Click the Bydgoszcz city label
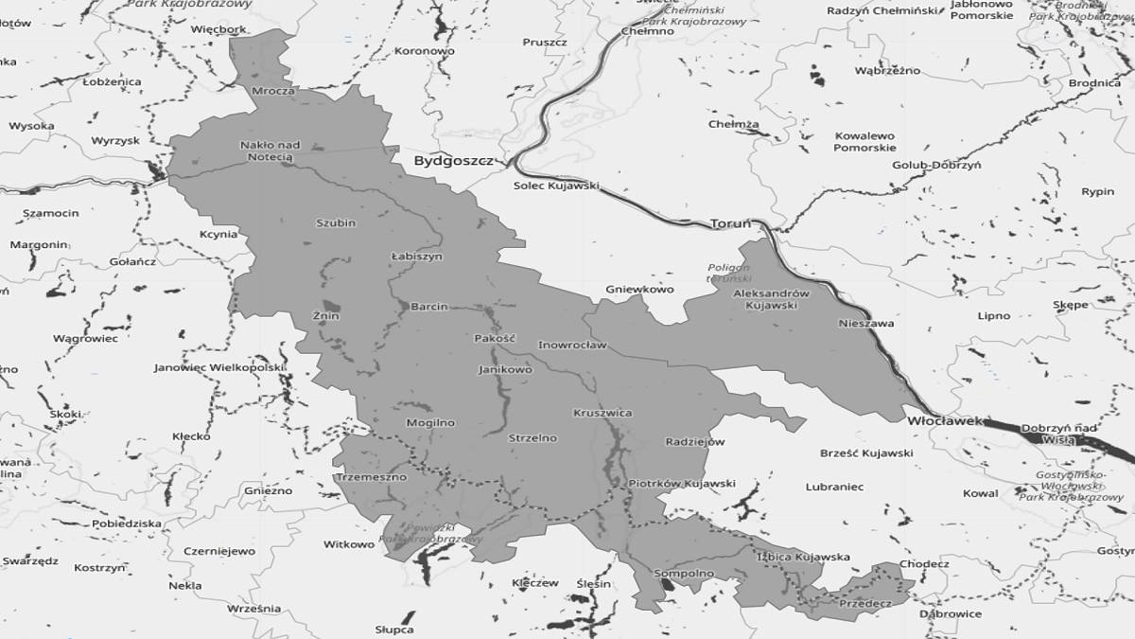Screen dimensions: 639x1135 [453, 162]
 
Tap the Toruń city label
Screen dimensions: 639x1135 [729, 224]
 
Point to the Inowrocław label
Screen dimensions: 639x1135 [572, 346]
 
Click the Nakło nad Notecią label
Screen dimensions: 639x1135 [271, 151]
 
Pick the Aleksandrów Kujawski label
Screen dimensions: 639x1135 [772, 299]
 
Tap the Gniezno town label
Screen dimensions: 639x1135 [270, 491]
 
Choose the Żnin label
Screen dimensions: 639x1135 [325, 316]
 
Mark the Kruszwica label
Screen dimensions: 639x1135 [602, 414]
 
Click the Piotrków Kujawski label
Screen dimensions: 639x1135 [682, 484]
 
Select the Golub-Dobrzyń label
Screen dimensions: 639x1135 [936, 165]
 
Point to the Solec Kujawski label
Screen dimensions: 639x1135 [556, 186]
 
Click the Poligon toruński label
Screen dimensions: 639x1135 [729, 274]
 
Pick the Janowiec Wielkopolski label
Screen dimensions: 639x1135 [219, 367]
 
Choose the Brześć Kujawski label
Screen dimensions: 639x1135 [866, 453]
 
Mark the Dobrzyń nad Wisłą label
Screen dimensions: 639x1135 [1058, 434]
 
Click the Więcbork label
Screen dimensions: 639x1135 [218, 29]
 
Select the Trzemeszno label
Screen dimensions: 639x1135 [371, 477]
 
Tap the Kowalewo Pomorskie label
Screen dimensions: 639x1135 [864, 142]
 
